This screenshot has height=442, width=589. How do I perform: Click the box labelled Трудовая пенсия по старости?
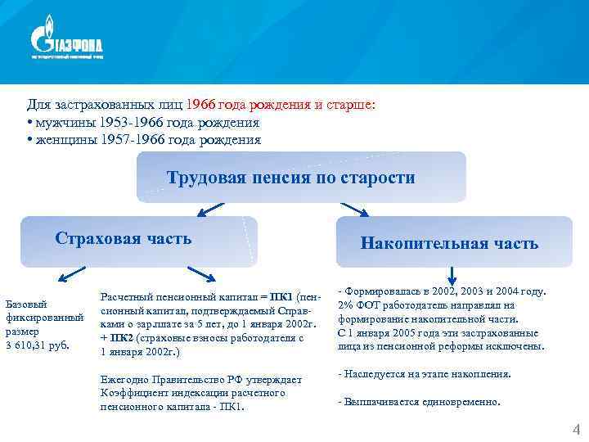point(300,178)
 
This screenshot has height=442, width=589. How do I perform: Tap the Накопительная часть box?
point(449,243)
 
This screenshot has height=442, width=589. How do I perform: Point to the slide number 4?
point(576,430)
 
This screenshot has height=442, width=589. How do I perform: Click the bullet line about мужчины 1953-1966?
point(142,123)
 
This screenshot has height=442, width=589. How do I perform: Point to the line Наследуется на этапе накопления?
point(424,374)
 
